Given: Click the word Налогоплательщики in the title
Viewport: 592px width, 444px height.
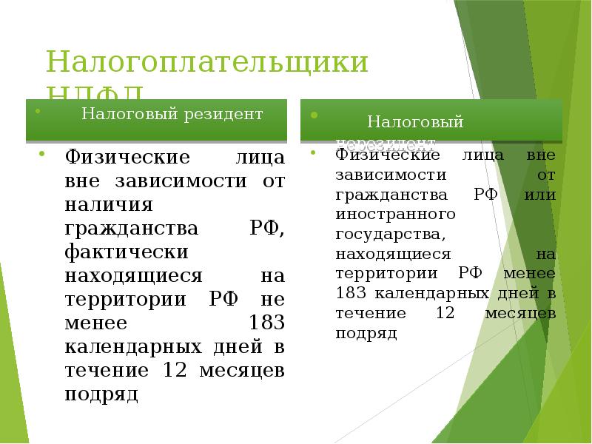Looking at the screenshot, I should pyautogui.click(x=207, y=62).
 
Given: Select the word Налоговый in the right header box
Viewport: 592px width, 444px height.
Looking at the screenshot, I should pyautogui.click(x=416, y=121).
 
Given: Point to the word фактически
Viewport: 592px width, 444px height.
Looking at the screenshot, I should pyautogui.click(x=125, y=252).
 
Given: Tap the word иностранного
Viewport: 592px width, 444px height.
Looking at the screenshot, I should pyautogui.click(x=394, y=214).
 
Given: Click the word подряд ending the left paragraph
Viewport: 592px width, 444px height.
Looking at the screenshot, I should pyautogui.click(x=102, y=394).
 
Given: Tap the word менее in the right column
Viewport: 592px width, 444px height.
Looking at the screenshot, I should pyautogui.click(x=529, y=273).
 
